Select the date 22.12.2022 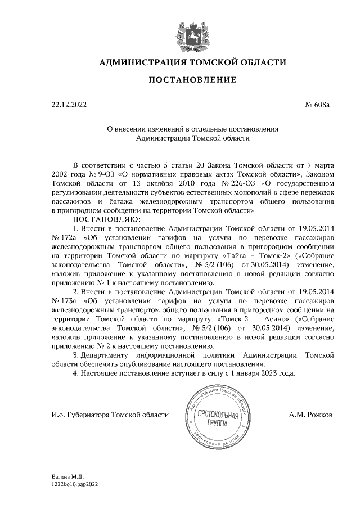click(69, 105)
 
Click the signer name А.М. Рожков click(310, 415)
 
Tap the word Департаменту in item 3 click(108, 355)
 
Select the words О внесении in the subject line click(125, 128)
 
